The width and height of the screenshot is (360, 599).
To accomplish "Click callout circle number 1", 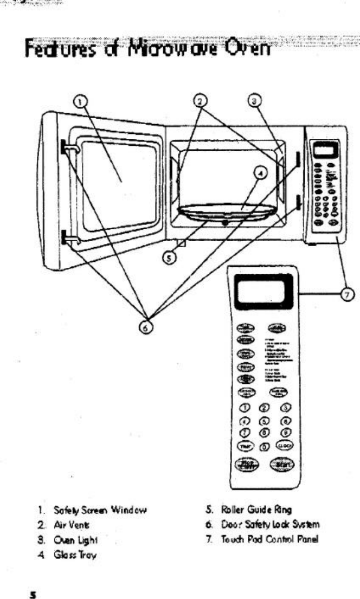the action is (x=80, y=100).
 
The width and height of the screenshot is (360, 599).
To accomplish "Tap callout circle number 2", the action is (x=201, y=100).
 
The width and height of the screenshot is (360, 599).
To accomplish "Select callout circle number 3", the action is (x=257, y=100).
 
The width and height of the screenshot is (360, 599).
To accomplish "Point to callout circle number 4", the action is (x=260, y=173).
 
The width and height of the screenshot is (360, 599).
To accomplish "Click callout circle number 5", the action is (x=170, y=258).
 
